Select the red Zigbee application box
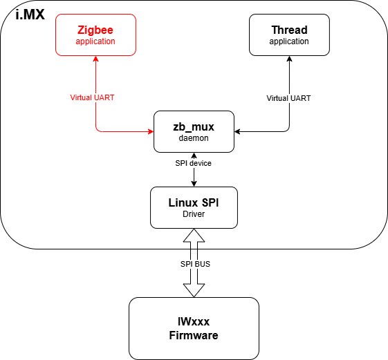pos(95,35)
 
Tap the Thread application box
pos(289,35)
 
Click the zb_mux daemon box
pos(194,130)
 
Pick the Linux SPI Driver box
pos(194,207)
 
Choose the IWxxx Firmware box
pos(194,328)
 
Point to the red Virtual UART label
pos(92,97)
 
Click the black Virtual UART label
pos(288,98)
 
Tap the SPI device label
pos(194,163)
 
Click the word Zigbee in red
pos(95,30)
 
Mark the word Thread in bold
pos(289,30)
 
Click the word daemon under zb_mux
pos(194,138)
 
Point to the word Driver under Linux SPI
pos(194,214)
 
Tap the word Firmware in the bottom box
pos(194,336)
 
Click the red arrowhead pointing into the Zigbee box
pos(95,59)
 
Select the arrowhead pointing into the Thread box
pos(289,59)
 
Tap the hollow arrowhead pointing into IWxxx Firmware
pos(194,291)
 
